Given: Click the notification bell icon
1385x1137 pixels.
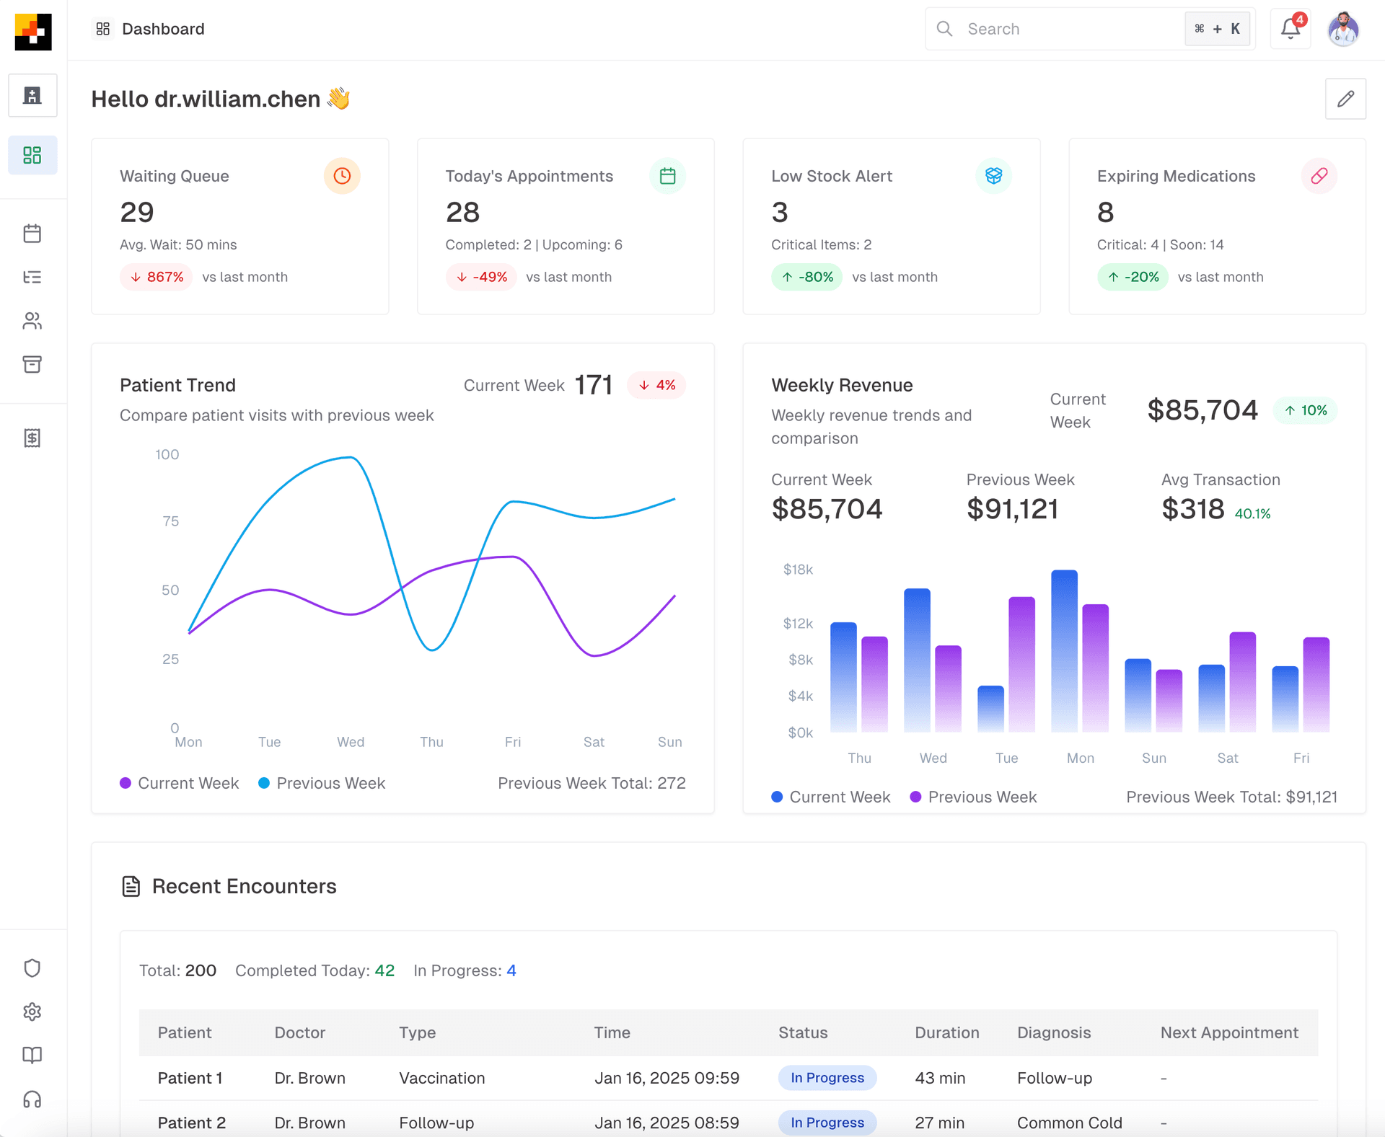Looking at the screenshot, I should [1290, 29].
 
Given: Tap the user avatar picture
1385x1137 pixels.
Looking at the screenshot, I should [1343, 30].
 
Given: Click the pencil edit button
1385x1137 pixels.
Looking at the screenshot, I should [1345, 99].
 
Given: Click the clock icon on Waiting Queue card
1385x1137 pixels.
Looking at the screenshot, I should [342, 176].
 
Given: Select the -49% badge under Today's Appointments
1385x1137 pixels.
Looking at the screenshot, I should [481, 277].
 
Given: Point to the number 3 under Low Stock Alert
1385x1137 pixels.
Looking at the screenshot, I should [780, 212].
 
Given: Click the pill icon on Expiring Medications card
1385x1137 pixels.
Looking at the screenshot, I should [1319, 176].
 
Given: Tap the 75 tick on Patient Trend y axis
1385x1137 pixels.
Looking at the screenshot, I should [170, 521].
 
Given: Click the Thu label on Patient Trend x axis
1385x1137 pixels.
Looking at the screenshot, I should [431, 742].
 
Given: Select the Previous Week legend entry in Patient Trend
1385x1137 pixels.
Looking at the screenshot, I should [322, 783].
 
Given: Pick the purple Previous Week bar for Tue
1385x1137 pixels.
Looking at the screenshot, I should [1021, 663].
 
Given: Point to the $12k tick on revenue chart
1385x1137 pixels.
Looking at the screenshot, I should [798, 624].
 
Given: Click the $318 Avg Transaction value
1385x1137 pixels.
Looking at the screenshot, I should [1192, 509].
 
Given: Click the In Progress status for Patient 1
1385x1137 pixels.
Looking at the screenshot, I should [827, 1078].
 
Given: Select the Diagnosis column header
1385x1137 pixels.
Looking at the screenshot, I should [1053, 1032].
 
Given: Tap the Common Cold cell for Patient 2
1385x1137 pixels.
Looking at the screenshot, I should [1069, 1123].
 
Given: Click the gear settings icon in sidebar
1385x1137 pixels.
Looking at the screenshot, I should [32, 1012].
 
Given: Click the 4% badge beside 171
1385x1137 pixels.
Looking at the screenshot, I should [656, 385].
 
